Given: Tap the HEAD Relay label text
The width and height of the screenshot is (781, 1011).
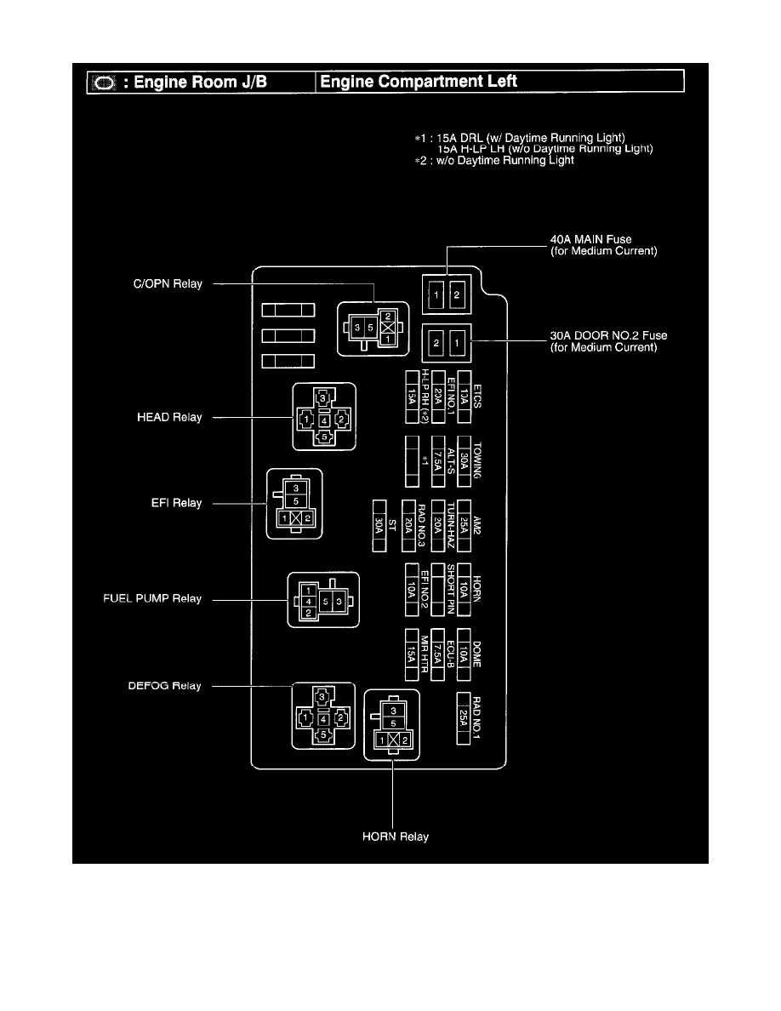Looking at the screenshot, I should click(170, 418).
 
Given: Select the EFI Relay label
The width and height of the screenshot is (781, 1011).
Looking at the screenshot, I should click(175, 503).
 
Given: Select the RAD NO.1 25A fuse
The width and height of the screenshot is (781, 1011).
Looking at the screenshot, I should click(464, 719).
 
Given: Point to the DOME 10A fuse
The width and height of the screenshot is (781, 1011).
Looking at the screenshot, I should click(465, 654).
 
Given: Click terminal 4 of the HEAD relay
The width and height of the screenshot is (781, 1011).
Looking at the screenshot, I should click(324, 419).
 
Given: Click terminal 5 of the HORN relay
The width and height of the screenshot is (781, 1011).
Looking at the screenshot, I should click(393, 723).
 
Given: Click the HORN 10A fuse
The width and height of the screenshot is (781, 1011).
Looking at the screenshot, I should click(465, 589).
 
